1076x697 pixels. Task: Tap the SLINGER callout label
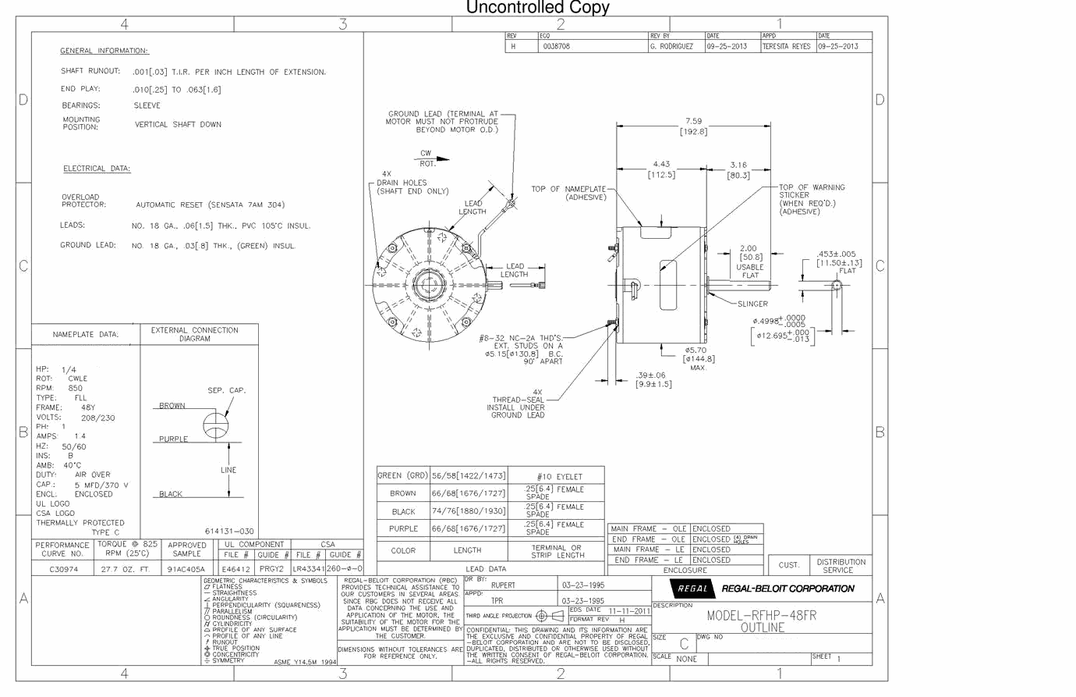(x=752, y=304)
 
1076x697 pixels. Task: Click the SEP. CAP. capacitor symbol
(x=216, y=426)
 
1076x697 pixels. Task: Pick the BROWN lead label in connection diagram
(x=172, y=406)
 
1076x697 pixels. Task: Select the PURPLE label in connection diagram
(x=173, y=439)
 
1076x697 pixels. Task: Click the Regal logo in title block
(x=692, y=589)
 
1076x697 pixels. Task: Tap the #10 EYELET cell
(x=559, y=476)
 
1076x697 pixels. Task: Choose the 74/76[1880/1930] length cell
(x=469, y=510)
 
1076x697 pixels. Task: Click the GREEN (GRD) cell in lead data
(x=402, y=475)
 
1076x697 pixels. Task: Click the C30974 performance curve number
(x=64, y=569)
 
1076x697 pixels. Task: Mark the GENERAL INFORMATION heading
(x=104, y=51)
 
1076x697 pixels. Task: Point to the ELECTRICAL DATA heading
(x=97, y=169)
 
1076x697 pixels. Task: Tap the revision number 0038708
(x=556, y=46)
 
